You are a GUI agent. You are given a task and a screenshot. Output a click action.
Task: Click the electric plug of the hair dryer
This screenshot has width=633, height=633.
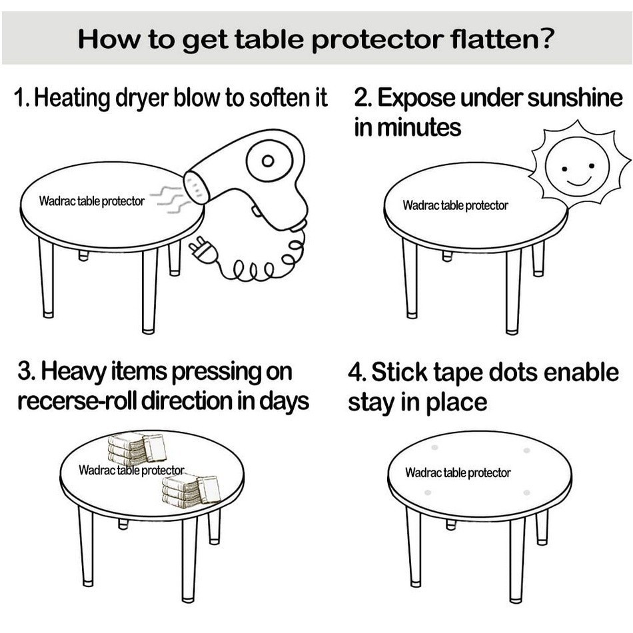(202, 251)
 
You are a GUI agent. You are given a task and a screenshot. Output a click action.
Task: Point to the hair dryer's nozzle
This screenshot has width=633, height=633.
(196, 187)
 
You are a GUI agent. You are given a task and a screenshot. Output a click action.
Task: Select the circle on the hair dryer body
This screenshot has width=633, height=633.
(267, 161)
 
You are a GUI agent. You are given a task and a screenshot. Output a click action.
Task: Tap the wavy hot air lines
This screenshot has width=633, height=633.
(167, 199)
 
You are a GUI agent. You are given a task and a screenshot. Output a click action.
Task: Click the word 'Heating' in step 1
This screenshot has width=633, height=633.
(72, 99)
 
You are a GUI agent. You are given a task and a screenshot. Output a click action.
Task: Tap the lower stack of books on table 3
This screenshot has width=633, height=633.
(191, 492)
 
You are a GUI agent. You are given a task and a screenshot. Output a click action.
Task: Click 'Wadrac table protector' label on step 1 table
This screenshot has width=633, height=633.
(91, 201)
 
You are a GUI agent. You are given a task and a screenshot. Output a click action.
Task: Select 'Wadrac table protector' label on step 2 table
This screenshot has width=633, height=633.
(455, 205)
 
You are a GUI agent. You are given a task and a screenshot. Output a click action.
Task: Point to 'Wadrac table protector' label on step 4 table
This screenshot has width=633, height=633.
(458, 473)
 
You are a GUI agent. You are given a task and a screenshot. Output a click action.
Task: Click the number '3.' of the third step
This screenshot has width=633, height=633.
(26, 371)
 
